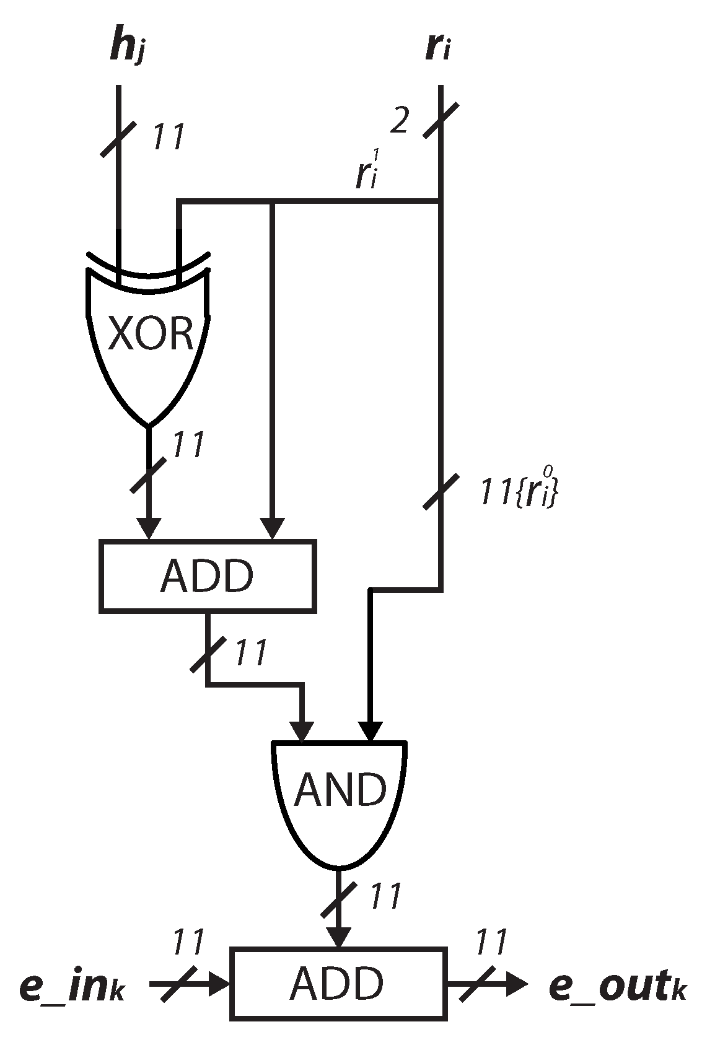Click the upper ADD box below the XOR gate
click(207, 576)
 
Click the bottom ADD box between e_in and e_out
click(338, 983)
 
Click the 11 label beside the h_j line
click(169, 138)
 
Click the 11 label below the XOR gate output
click(188, 445)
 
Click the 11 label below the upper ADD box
click(251, 652)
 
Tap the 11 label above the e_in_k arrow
click(188, 943)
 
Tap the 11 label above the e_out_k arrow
click(492, 943)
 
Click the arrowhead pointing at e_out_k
click(516, 983)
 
